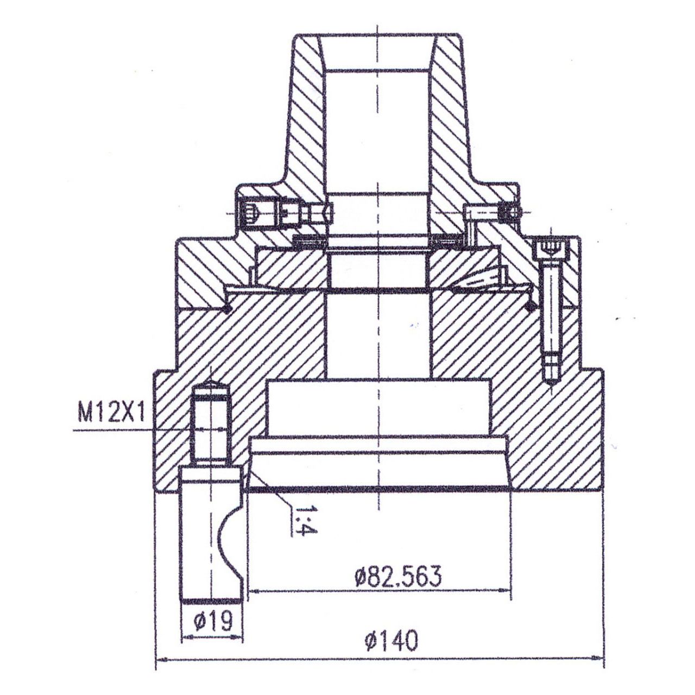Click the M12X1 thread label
110,414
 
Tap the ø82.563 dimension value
397,577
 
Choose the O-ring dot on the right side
530,307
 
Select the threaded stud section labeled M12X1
211,429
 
